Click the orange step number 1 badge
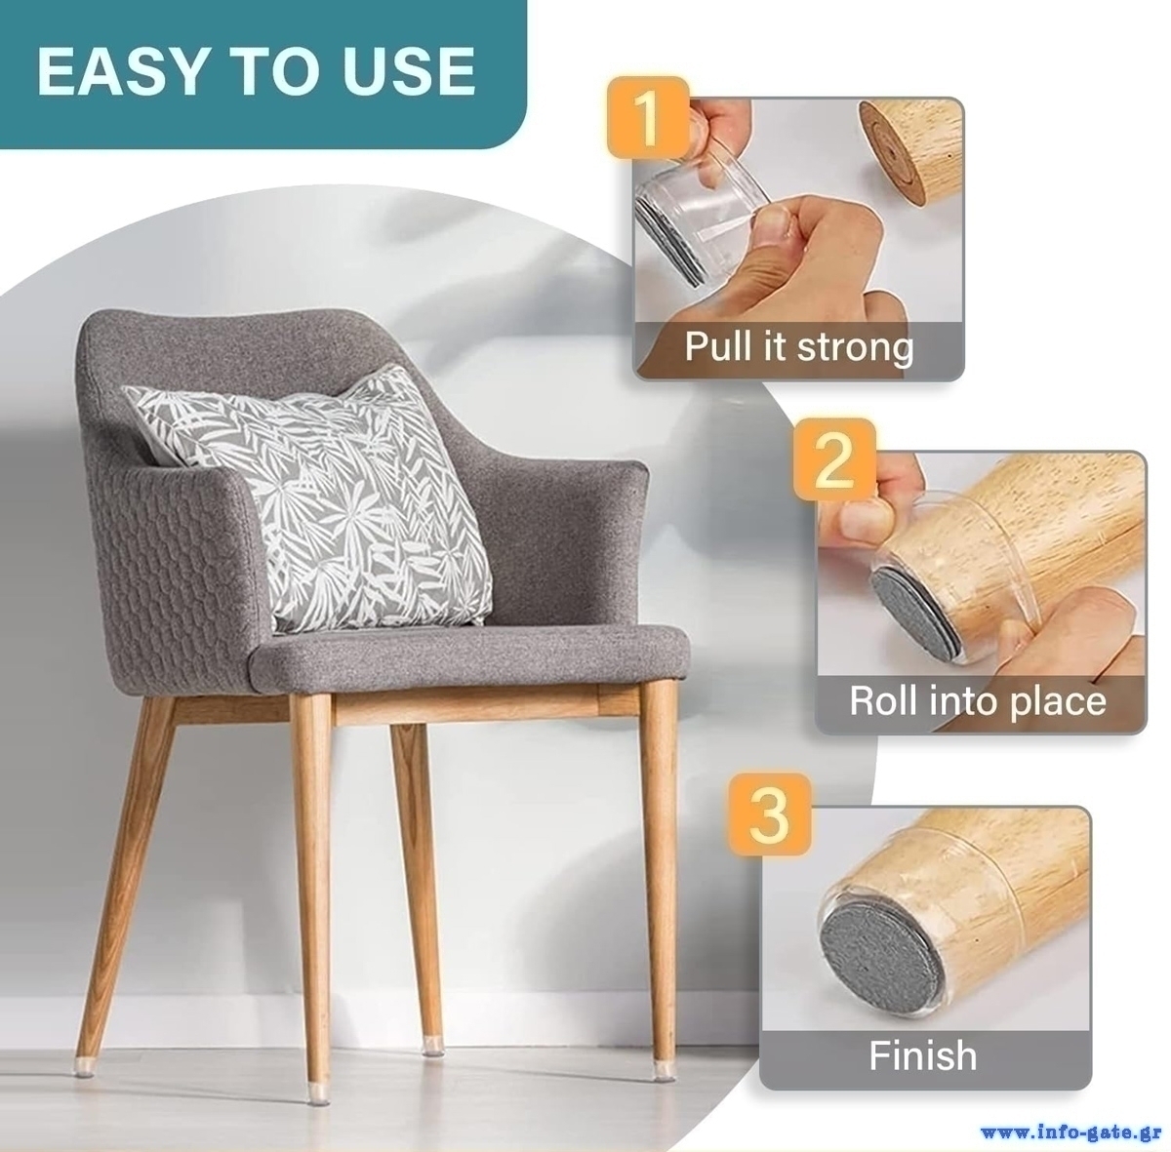(649, 117)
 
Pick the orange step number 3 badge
(770, 814)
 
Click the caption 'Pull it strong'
(799, 347)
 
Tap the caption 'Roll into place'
(977, 700)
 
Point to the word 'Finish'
(922, 1056)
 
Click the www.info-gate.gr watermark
(1072, 1132)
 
